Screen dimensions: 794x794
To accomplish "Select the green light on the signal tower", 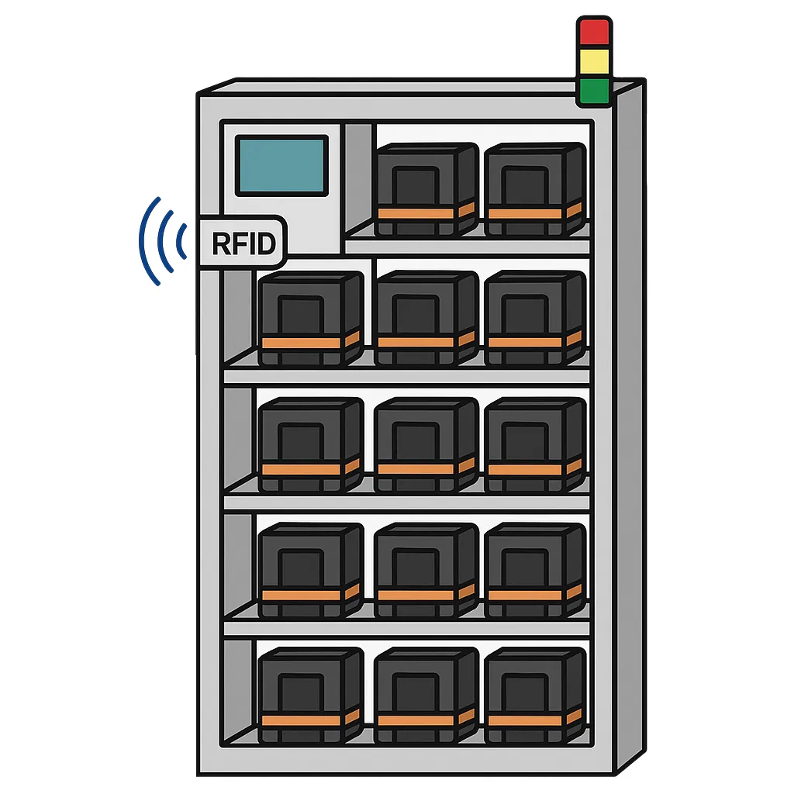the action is tap(594, 91).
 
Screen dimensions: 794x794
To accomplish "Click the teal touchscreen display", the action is tap(281, 166).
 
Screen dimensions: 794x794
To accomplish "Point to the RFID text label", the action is tap(243, 243).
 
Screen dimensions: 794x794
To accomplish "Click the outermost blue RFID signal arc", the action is tap(149, 242).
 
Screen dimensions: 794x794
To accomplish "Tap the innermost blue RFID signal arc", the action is tap(181, 241).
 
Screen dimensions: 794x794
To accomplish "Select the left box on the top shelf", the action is tap(427, 189).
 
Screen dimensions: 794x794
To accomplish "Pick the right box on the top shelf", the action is tap(535, 189).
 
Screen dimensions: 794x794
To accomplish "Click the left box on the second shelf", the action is tap(311, 318).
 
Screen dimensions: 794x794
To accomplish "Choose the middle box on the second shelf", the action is tap(427, 318).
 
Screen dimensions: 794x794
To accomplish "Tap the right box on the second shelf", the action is tap(535, 318).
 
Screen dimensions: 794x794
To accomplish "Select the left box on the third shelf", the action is tap(311, 444).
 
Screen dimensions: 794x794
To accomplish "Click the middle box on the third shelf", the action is tap(427, 444).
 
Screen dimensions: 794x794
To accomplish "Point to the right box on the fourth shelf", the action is tap(535, 570).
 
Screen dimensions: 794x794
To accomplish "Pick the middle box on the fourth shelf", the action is tap(427, 570).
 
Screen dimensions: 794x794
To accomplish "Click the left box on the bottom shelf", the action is tap(311, 696).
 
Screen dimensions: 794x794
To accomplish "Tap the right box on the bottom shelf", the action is tap(535, 696).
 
